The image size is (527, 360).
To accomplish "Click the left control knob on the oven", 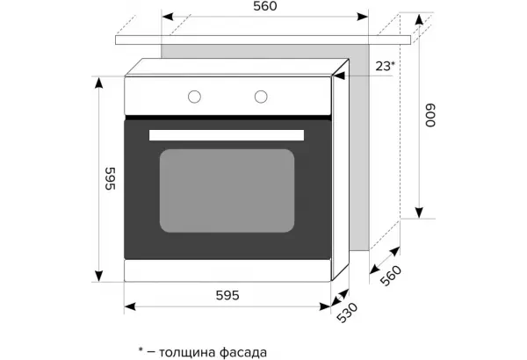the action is pyautogui.click(x=195, y=97).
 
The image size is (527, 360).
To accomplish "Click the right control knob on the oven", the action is pyautogui.click(x=261, y=97).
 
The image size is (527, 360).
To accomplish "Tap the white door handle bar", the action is pyautogui.click(x=227, y=135).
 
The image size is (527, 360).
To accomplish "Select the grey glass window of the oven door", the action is pyautogui.click(x=227, y=191).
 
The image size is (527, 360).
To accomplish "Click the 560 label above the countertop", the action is pyautogui.click(x=265, y=6).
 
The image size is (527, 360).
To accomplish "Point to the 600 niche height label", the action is pyautogui.click(x=430, y=115).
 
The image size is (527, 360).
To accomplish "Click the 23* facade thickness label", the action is pyautogui.click(x=385, y=66).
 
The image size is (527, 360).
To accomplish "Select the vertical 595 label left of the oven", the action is pyautogui.click(x=111, y=178).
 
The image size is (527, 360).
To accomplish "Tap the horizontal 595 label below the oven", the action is pyautogui.click(x=227, y=295).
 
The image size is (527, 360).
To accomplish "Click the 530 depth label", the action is pyautogui.click(x=348, y=313).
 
